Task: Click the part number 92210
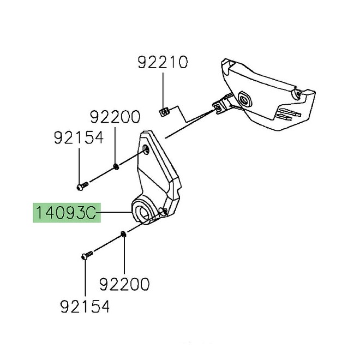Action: point(163,62)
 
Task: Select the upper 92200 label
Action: point(115,117)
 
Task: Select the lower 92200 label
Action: point(124,284)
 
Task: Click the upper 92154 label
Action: point(79,137)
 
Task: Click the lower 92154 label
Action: point(85,307)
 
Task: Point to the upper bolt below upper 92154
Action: point(82,186)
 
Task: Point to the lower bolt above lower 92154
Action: point(87,255)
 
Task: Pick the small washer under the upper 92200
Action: point(116,167)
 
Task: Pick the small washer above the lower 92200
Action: point(123,235)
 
